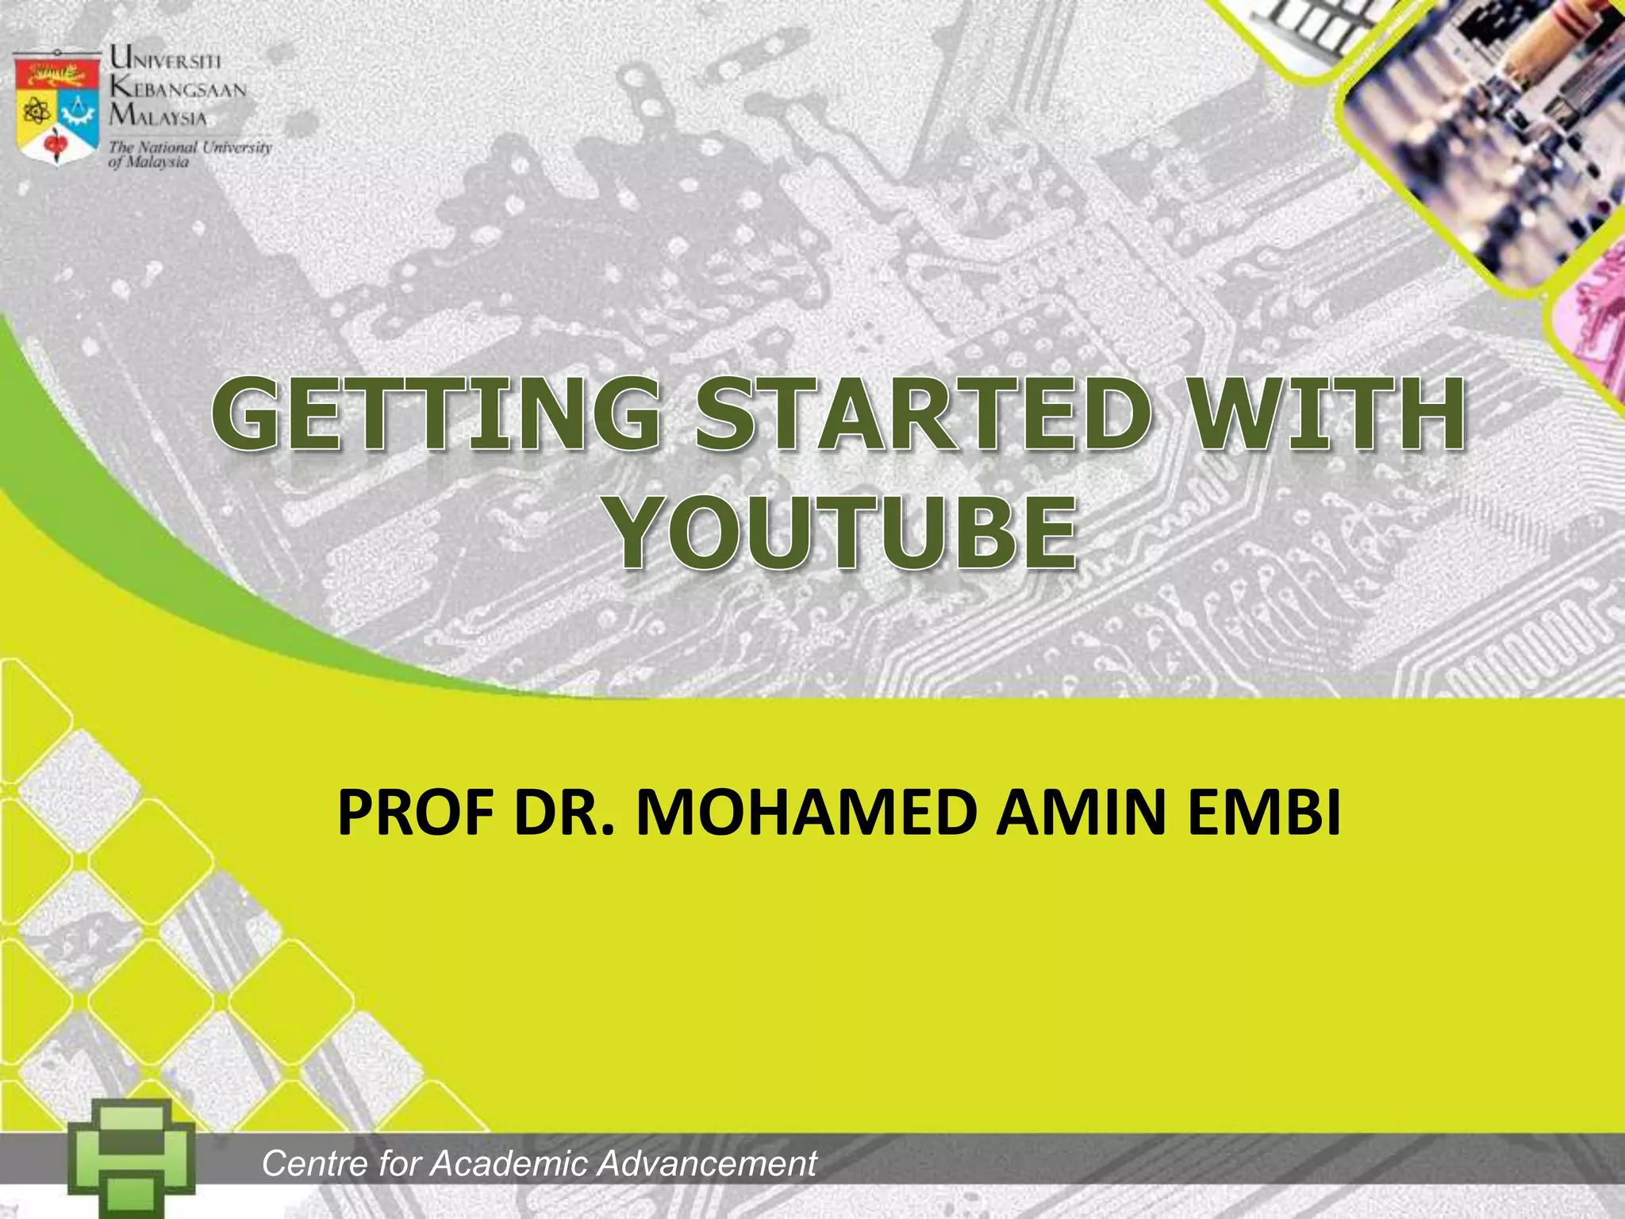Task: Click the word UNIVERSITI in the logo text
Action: [x=166, y=58]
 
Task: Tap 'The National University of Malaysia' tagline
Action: [x=189, y=154]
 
